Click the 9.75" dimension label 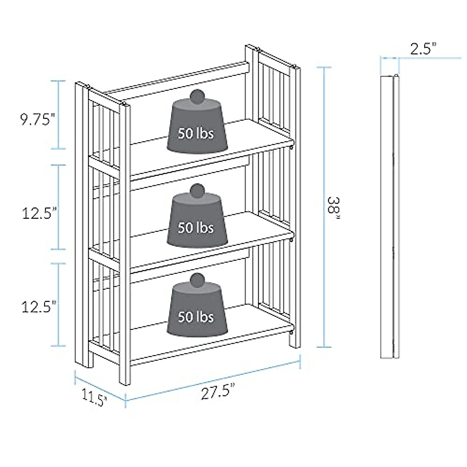coord(36,120)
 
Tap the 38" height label coord(334,205)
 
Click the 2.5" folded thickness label coord(423,49)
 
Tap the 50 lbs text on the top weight coord(196,133)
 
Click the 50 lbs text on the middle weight coord(196,227)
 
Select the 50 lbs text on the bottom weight coord(196,317)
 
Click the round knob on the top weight coord(198,97)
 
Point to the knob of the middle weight coord(198,191)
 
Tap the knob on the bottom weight coord(198,281)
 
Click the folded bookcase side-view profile coord(390,216)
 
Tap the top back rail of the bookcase coord(175,78)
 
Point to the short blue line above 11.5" coord(100,385)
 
